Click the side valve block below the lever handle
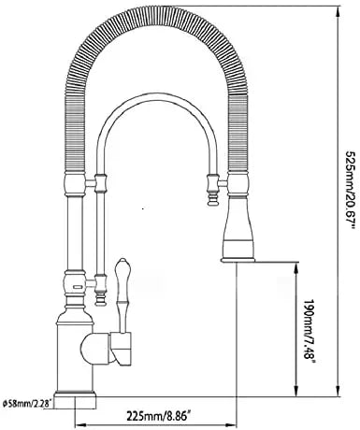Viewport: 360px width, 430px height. point(120,351)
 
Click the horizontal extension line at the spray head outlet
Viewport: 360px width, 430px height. point(262,265)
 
